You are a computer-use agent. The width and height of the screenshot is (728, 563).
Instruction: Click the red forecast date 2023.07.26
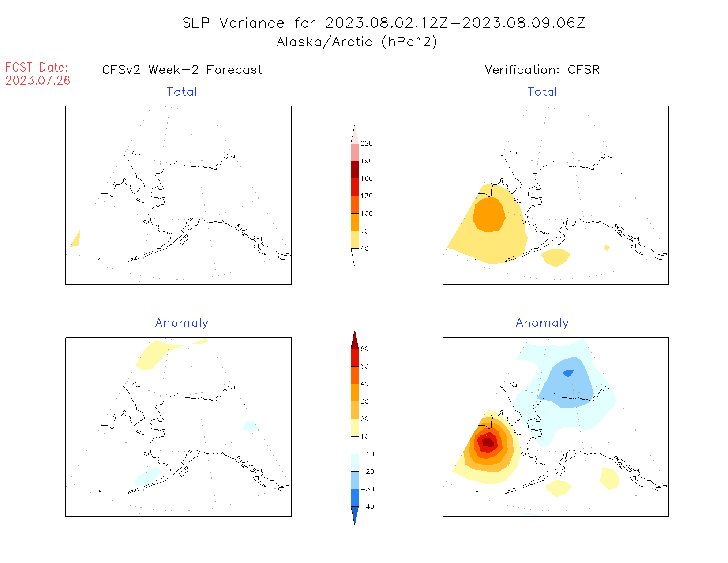point(38,80)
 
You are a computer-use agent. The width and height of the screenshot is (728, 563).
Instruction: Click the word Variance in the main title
point(252,23)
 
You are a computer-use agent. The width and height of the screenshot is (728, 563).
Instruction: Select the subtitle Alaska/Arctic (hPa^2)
point(357,42)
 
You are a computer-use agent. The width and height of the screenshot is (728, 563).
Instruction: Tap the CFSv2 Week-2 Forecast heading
point(182,70)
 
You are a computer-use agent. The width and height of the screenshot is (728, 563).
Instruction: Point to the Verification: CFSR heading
point(542,70)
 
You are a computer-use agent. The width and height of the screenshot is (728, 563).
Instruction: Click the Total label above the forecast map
point(182,92)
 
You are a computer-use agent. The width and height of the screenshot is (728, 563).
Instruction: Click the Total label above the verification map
point(542,92)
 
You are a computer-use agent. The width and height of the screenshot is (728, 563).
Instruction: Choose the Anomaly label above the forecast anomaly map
point(182,323)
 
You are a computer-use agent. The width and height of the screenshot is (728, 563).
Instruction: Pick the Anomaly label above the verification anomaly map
point(542,323)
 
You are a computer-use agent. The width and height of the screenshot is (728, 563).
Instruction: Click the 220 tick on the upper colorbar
point(366,144)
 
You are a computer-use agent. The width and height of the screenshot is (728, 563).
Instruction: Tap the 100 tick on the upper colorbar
point(366,214)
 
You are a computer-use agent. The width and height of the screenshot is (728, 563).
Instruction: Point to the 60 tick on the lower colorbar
point(364,349)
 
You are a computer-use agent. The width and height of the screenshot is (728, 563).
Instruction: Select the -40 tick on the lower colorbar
point(367,507)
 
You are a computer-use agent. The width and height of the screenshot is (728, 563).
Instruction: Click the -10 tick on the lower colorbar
point(367,454)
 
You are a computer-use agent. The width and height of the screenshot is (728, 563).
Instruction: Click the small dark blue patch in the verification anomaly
point(568,373)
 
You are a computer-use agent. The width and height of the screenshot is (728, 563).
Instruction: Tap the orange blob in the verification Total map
point(489,214)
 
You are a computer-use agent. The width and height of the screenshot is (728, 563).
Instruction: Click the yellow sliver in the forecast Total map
point(76,240)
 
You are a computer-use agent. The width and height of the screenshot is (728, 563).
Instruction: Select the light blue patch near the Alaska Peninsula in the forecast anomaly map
point(147,476)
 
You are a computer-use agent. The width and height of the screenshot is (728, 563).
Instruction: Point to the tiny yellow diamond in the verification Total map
point(607,248)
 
